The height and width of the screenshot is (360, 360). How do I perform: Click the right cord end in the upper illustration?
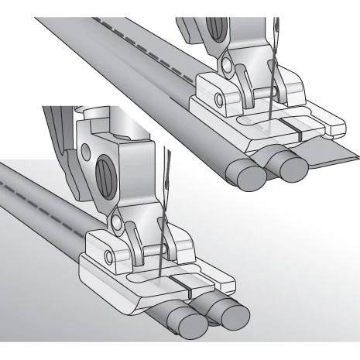tap(292, 168)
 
